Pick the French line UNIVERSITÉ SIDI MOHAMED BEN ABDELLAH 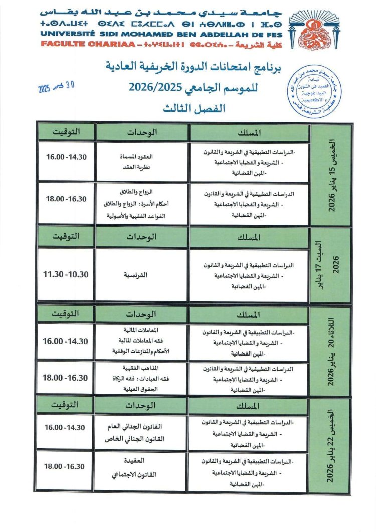pyautogui.click(x=145, y=34)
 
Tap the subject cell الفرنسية pyautogui.click(x=142, y=275)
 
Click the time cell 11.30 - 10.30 pyautogui.click(x=66, y=275)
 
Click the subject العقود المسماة pyautogui.click(x=142, y=156)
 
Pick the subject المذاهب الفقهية pyautogui.click(x=142, y=367)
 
